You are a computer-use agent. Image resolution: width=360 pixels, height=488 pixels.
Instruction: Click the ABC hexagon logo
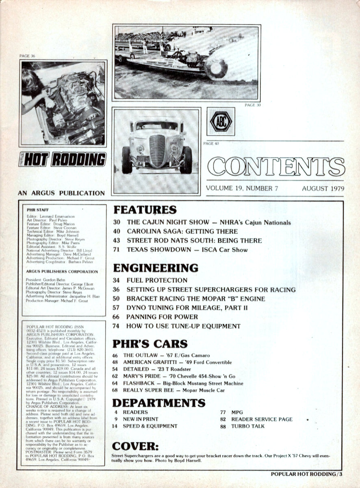click(x=221, y=122)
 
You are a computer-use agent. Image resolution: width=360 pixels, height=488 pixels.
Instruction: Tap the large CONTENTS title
click(x=276, y=166)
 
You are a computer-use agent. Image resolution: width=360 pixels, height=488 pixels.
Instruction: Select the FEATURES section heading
click(x=145, y=210)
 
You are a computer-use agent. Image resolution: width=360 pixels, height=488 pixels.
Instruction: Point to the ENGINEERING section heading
click(x=156, y=268)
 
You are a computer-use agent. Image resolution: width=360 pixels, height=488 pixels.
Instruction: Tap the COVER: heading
click(x=135, y=447)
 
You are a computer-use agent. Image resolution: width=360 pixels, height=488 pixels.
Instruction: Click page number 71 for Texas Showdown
click(x=116, y=249)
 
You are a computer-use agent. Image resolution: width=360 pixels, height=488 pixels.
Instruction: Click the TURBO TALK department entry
click(x=247, y=426)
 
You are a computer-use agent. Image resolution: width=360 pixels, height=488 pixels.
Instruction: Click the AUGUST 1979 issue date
click(x=323, y=188)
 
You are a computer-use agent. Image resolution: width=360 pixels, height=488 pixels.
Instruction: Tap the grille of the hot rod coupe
click(x=157, y=150)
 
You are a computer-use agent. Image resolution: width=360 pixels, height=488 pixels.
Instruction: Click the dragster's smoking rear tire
click(x=216, y=68)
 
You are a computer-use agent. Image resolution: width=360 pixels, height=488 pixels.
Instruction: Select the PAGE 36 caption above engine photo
click(x=27, y=56)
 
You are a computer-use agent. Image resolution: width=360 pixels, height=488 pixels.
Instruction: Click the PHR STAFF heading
click(x=37, y=209)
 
